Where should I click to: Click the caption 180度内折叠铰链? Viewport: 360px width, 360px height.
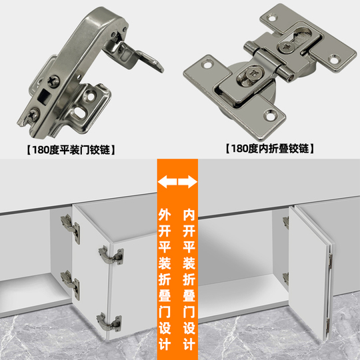(x=270, y=148)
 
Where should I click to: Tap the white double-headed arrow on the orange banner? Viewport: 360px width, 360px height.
(x=178, y=181)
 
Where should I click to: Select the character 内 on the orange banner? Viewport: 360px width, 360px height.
(x=189, y=215)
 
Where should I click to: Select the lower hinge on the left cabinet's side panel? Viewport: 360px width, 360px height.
(x=67, y=281)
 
